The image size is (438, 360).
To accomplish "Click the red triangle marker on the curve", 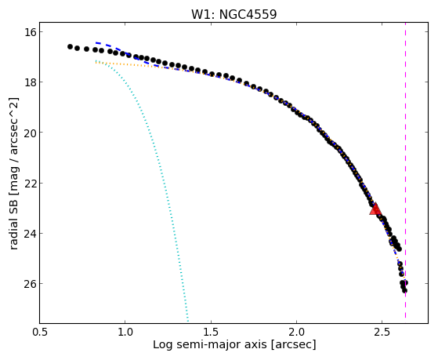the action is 375,209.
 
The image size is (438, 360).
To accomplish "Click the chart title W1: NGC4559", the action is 233,15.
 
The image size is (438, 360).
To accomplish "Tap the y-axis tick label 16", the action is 30,32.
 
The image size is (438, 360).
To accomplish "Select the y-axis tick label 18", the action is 30,82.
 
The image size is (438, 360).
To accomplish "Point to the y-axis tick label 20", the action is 30,133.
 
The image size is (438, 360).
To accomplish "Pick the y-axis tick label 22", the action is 30,183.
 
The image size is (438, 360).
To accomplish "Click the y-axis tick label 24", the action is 30,233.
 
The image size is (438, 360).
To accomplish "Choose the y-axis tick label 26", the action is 30,284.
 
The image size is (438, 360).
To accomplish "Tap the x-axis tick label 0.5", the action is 40,332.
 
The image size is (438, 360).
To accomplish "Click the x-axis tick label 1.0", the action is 125,332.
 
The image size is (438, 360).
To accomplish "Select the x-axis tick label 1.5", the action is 211,332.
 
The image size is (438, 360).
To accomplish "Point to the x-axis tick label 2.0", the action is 297,332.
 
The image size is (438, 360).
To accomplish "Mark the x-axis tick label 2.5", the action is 382,332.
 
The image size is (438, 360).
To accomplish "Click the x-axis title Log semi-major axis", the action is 209,344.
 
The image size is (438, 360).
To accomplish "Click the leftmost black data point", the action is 70,47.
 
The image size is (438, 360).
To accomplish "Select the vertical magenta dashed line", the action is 405,173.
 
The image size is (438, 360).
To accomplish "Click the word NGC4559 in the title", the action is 248,15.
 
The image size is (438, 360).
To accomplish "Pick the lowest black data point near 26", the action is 404,291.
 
